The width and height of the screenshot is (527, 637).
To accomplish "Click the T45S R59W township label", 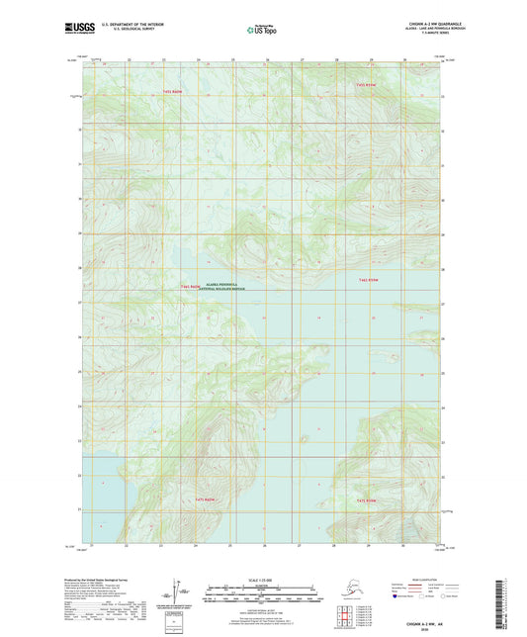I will (366, 86).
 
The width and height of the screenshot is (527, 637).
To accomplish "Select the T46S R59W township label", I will (368, 281).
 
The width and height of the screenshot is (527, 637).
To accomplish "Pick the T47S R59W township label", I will (367, 500).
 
